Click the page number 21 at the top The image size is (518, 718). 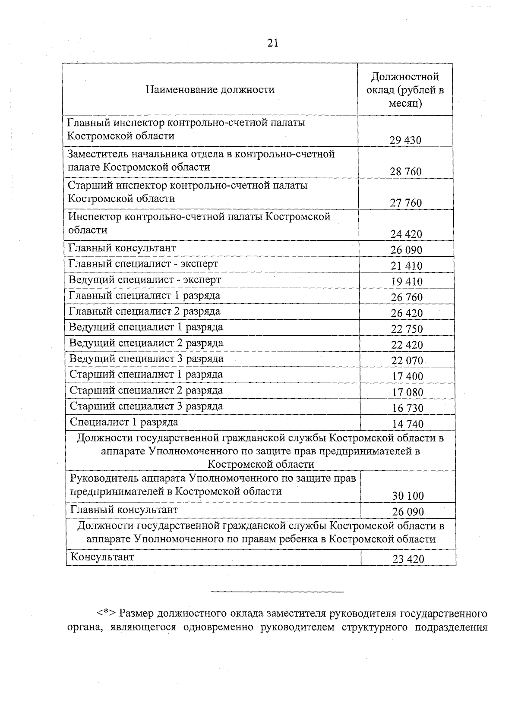pyautogui.click(x=273, y=43)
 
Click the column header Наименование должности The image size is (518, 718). pyautogui.click(x=210, y=90)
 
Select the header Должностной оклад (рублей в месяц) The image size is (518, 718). pyautogui.click(x=405, y=90)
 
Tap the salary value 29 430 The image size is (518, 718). pyautogui.click(x=405, y=140)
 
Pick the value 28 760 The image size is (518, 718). pyautogui.click(x=406, y=172)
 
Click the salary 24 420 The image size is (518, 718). pyautogui.click(x=406, y=234)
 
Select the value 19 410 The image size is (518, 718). pyautogui.click(x=407, y=282)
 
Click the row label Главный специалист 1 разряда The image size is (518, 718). pyautogui.click(x=145, y=296)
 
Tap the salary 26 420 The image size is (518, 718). pyautogui.click(x=407, y=313)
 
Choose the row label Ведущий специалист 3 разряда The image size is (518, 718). pyautogui.click(x=147, y=359)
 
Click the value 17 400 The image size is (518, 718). pyautogui.click(x=407, y=376)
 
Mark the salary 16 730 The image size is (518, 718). pyautogui.click(x=407, y=408)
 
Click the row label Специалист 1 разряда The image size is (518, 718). pyautogui.click(x=124, y=422)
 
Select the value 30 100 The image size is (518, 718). pyautogui.click(x=408, y=496)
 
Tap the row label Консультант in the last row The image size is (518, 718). pyautogui.click(x=102, y=557)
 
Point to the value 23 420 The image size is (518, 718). pyautogui.click(x=408, y=559)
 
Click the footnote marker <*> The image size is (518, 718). pyautogui.click(x=105, y=613)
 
